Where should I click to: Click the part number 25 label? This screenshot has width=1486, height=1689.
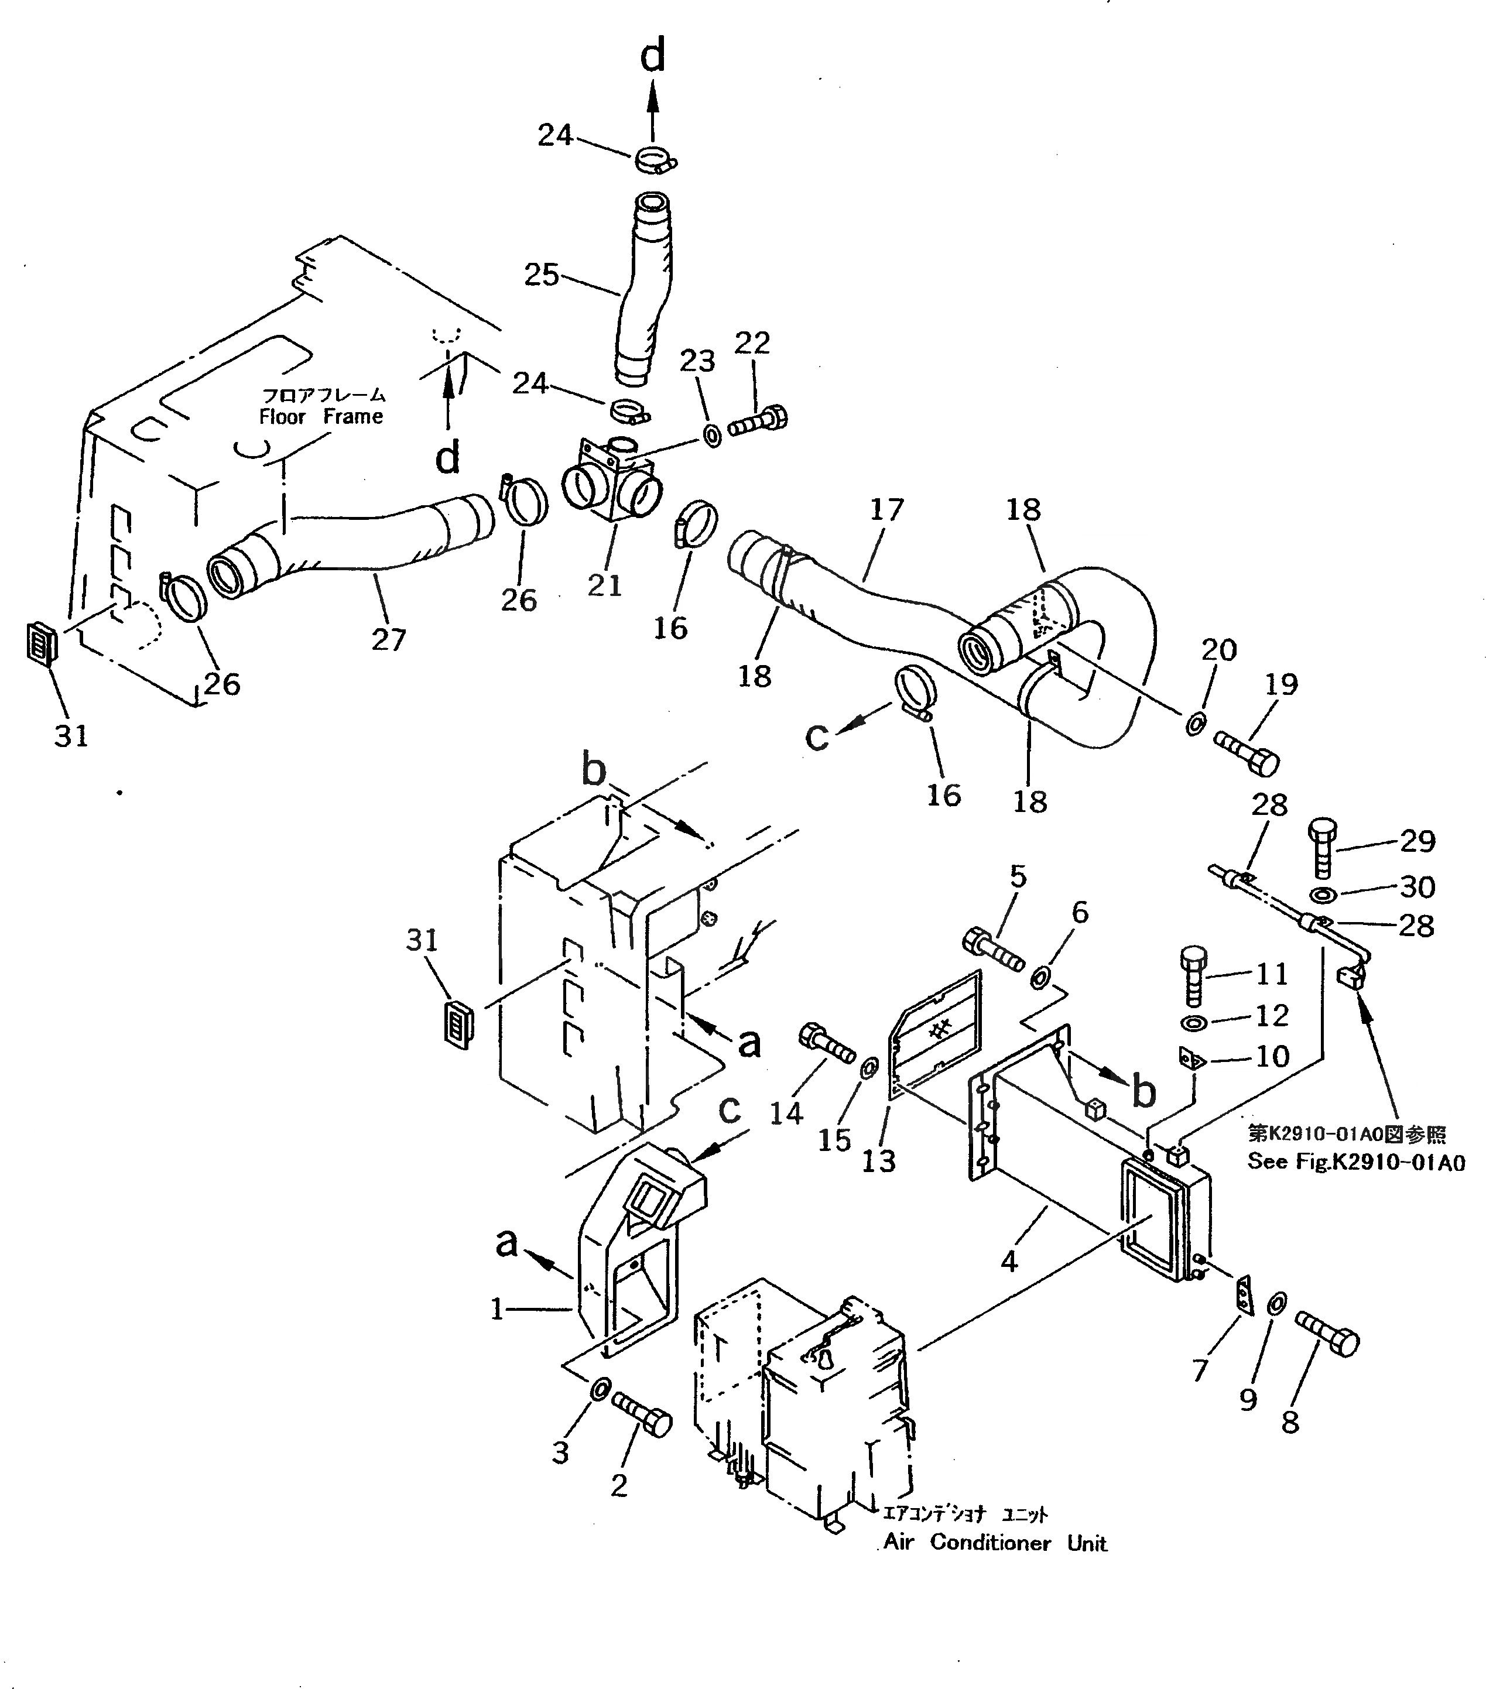coord(542,275)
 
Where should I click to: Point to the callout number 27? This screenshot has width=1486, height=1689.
coord(388,639)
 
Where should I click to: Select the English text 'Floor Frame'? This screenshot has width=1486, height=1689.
coord(321,416)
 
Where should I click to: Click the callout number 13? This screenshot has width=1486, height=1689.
coord(878,1161)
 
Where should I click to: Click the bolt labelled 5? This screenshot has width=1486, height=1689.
coord(994,950)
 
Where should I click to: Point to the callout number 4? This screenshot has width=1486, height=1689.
coord(1008,1261)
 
